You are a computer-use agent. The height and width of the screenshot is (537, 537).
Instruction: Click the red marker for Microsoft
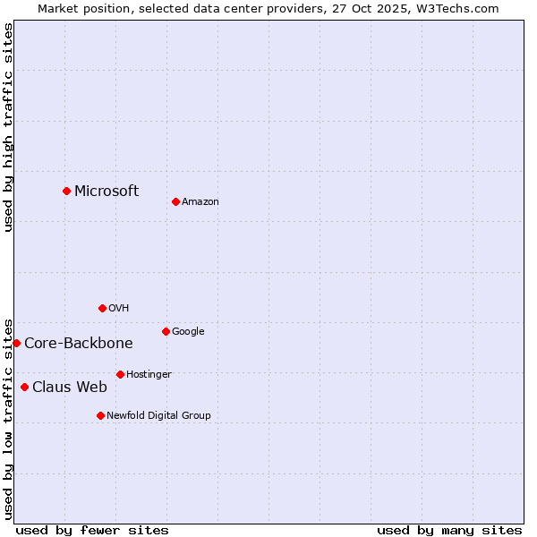[66, 191]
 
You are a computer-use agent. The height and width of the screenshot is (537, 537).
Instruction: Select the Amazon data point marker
[175, 201]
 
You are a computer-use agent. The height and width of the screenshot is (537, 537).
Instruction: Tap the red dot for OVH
[102, 308]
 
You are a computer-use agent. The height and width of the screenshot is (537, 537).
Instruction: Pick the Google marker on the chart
[166, 331]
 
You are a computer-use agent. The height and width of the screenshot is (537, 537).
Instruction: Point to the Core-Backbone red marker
[16, 343]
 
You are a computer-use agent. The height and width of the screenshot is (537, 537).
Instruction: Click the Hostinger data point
[120, 374]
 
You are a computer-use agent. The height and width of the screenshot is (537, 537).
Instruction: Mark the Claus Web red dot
[24, 387]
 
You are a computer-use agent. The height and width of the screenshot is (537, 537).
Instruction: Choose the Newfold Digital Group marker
[100, 415]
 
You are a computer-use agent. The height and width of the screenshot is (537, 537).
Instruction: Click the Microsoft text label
[107, 191]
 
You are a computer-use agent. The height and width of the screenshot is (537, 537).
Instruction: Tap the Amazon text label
[200, 202]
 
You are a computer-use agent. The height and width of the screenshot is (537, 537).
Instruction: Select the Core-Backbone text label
[79, 343]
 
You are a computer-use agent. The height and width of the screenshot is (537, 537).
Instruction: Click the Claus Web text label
[70, 387]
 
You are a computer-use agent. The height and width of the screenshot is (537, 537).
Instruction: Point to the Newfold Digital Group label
[158, 415]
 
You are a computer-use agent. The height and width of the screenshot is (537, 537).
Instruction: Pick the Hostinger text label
[149, 374]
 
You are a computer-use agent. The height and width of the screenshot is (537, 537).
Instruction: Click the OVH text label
[119, 309]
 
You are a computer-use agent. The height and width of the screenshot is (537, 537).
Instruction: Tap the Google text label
[188, 332]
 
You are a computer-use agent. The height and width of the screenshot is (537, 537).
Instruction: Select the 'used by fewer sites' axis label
[92, 530]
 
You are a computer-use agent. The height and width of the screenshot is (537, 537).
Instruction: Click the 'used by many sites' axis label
[449, 530]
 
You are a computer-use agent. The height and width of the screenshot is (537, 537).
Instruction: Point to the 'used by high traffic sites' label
[8, 127]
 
